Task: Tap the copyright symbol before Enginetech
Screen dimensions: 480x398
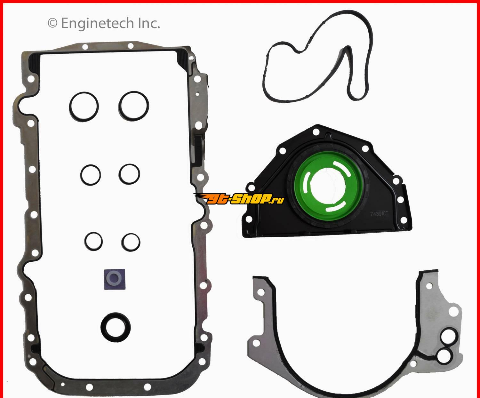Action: pyautogui.click(x=52, y=23)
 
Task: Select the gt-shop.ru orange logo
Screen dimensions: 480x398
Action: pyautogui.click(x=239, y=199)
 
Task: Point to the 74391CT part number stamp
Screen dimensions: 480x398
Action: pyautogui.click(x=379, y=214)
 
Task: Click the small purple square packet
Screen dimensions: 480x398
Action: pyautogui.click(x=115, y=279)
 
